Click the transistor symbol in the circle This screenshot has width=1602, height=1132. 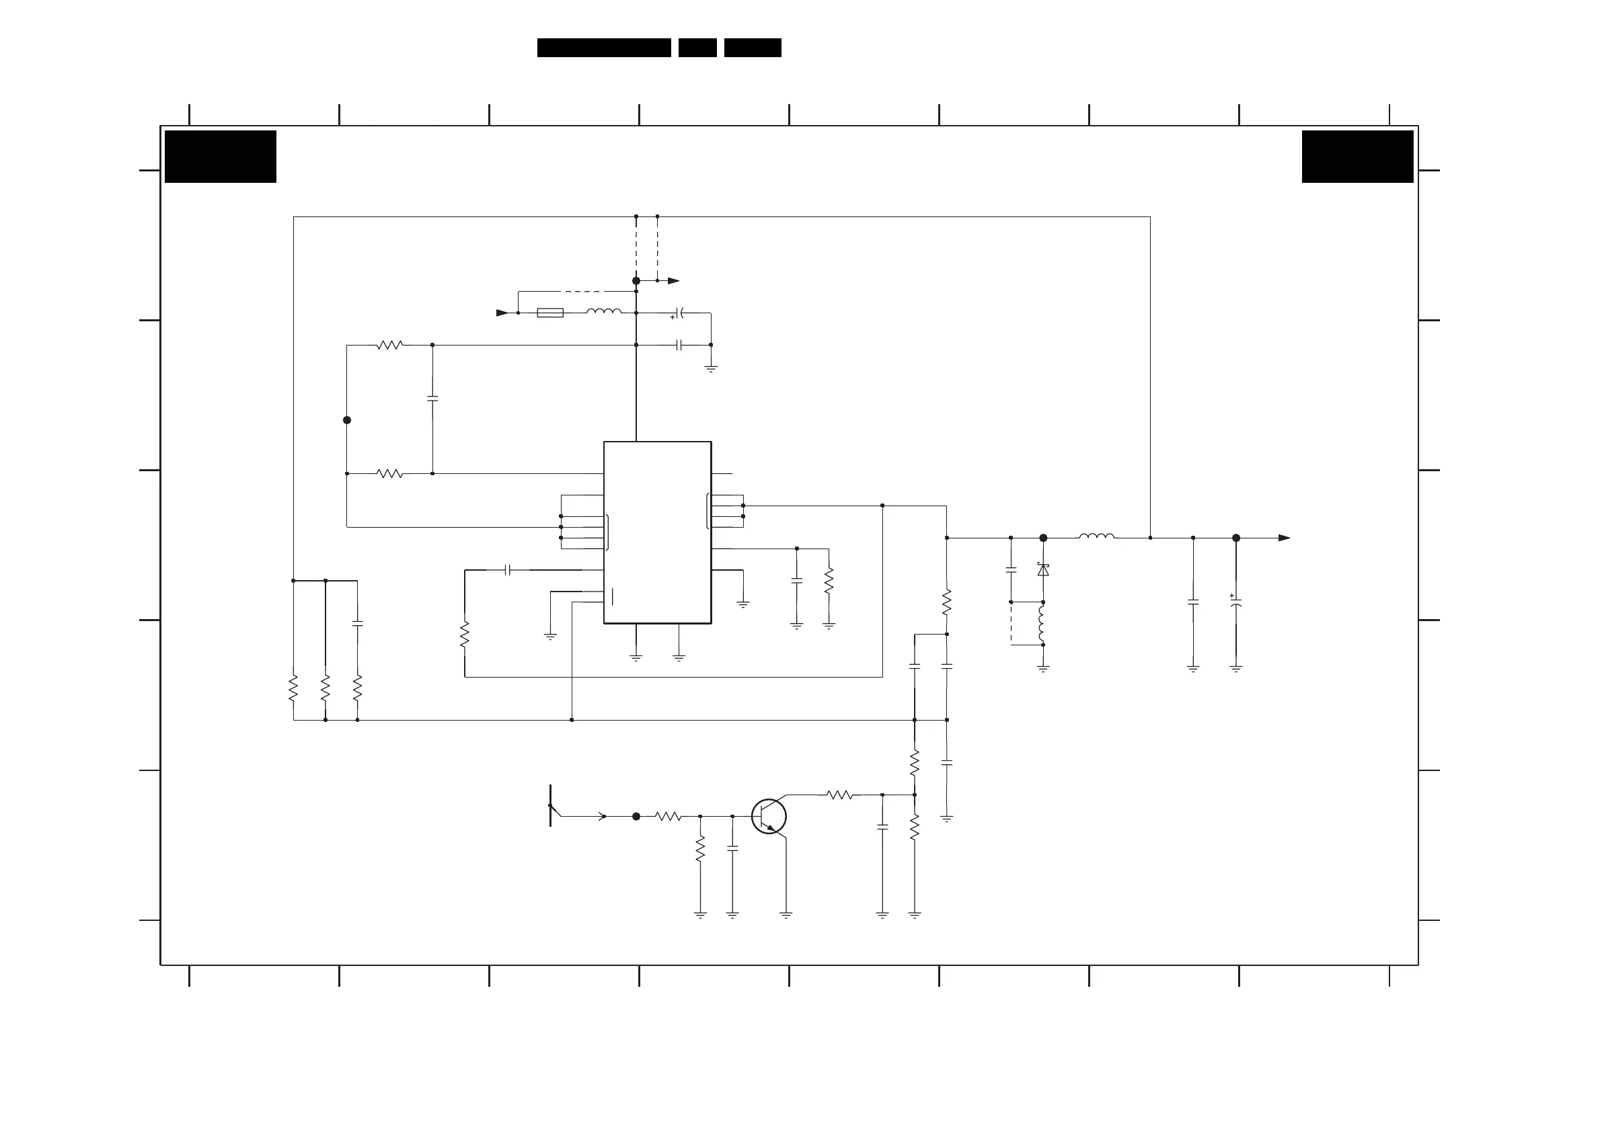click(769, 816)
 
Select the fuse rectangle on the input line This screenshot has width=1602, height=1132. click(550, 313)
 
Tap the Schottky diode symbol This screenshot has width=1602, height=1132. click(1043, 570)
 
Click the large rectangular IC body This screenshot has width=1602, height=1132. click(657, 532)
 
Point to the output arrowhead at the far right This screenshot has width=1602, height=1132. click(1284, 538)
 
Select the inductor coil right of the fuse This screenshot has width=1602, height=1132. click(603, 312)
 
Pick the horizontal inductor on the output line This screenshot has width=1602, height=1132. click(1096, 536)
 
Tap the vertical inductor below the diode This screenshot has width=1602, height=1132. click(1042, 623)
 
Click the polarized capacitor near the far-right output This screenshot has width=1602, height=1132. click(1235, 601)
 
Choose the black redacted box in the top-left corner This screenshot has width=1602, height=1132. click(221, 156)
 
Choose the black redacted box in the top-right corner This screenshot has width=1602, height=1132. click(1357, 156)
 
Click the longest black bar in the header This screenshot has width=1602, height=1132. click(603, 48)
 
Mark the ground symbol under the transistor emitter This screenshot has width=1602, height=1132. click(786, 914)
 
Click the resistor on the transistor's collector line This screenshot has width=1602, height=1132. click(839, 795)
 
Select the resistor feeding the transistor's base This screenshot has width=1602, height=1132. click(668, 816)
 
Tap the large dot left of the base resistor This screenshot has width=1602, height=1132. click(636, 816)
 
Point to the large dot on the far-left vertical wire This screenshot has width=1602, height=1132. click(347, 420)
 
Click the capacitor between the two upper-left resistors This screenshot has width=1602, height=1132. click(432, 398)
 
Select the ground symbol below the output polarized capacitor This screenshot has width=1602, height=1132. click(1235, 669)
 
